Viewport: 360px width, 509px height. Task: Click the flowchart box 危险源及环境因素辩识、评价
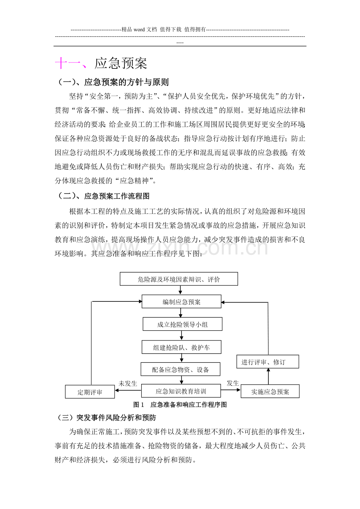click(179, 279)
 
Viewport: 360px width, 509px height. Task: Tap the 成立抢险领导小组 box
click(182, 324)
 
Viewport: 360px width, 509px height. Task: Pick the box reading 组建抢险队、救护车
click(182, 347)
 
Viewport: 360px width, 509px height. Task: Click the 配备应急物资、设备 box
click(180, 369)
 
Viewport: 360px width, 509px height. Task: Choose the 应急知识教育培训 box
click(181, 391)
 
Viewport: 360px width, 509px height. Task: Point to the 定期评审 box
click(90, 392)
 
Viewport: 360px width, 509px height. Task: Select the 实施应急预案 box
click(270, 391)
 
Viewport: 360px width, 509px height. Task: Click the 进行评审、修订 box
click(268, 362)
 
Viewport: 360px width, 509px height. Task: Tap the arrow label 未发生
click(128, 383)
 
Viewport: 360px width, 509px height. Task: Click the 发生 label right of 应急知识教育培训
click(233, 383)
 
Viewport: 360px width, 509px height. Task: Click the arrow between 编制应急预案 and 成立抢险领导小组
click(181, 313)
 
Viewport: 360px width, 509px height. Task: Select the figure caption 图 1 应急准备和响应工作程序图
click(180, 405)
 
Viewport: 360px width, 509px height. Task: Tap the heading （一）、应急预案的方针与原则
click(113, 82)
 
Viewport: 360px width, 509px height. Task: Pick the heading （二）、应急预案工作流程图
click(104, 196)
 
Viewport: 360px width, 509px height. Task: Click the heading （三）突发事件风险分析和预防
click(106, 418)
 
